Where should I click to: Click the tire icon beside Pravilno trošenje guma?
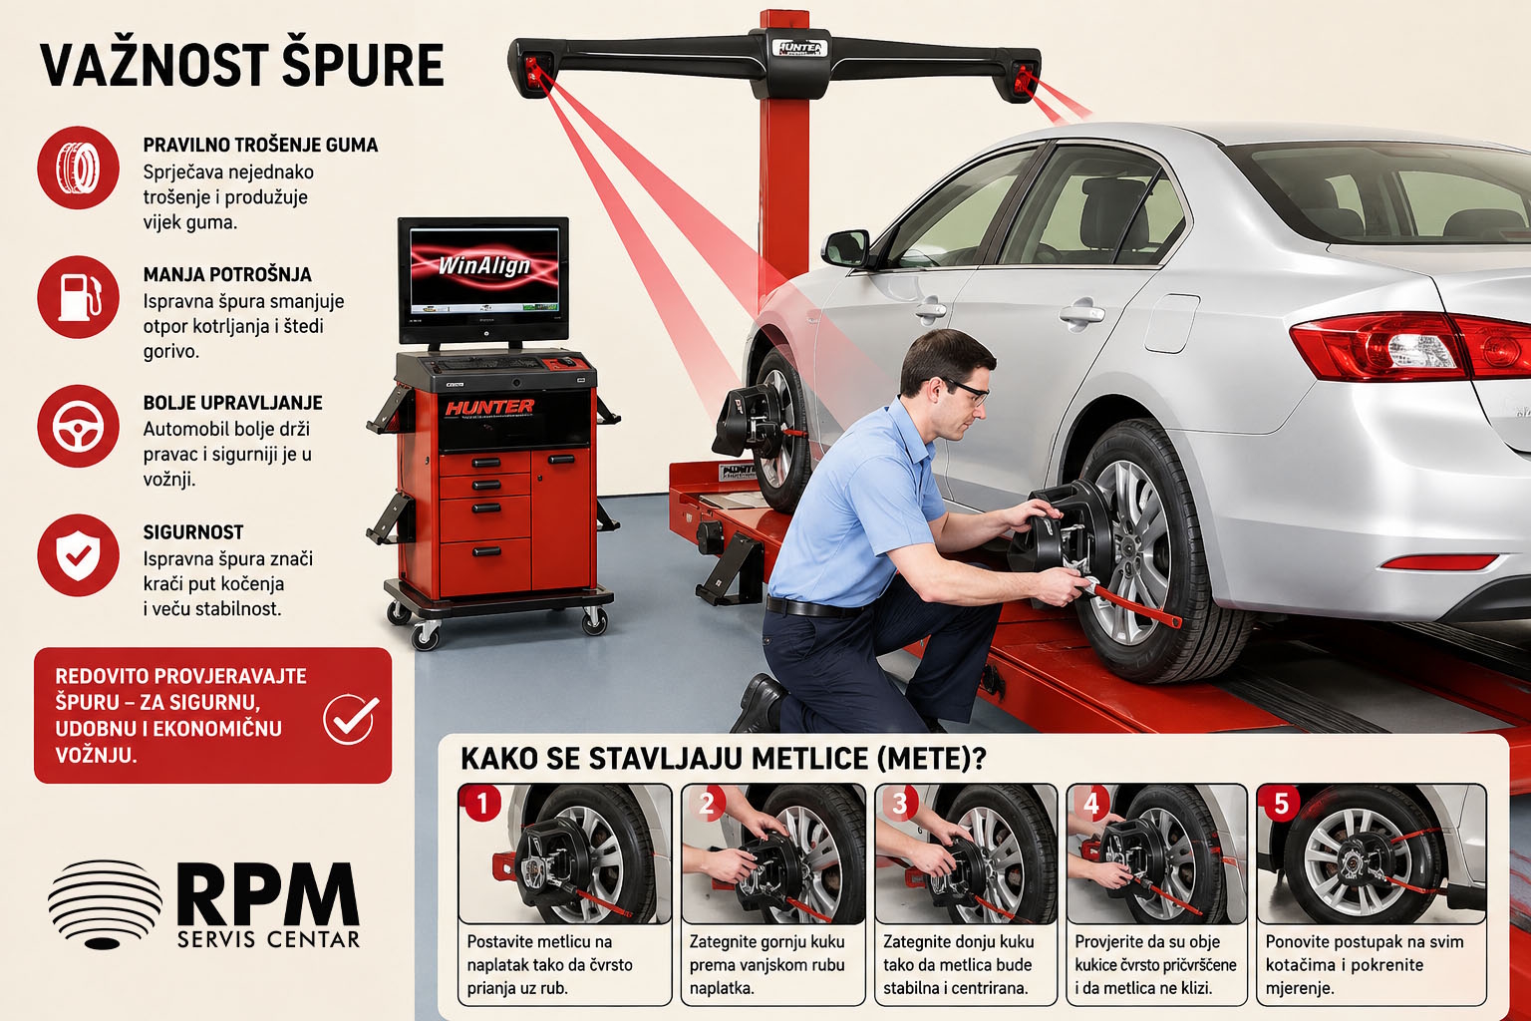click(78, 168)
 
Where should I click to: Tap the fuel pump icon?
click(78, 297)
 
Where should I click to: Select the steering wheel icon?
click(78, 426)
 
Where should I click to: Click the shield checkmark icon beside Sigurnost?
click(78, 555)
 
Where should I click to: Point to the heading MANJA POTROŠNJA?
click(227, 275)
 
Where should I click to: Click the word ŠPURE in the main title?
click(363, 66)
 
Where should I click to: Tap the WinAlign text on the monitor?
click(483, 265)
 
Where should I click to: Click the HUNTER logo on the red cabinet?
click(489, 407)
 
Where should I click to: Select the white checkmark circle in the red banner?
click(351, 718)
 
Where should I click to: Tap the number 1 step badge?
click(482, 803)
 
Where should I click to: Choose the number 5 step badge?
click(1281, 803)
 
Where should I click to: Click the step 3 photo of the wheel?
click(966, 854)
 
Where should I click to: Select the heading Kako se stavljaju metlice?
click(724, 759)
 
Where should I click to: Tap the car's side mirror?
click(846, 248)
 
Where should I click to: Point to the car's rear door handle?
click(1082, 314)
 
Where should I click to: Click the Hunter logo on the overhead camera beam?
click(799, 48)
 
